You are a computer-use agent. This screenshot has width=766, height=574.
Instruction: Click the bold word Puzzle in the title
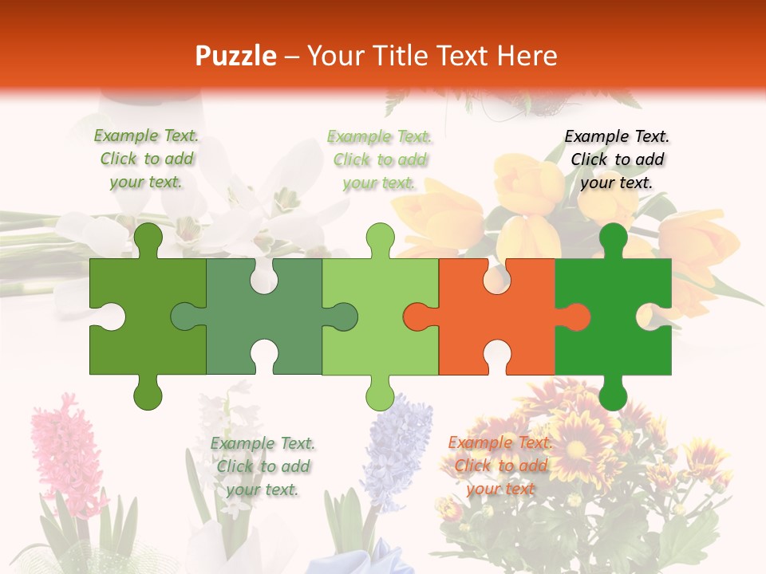click(x=236, y=56)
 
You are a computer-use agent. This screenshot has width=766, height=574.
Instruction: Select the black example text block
click(x=617, y=159)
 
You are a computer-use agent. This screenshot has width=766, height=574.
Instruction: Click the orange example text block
click(x=500, y=466)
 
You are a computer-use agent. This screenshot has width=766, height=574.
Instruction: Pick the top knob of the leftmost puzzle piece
click(x=148, y=239)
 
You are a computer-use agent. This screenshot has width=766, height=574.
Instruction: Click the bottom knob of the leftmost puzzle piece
click(x=148, y=392)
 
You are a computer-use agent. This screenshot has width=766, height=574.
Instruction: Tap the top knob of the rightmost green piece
click(x=613, y=239)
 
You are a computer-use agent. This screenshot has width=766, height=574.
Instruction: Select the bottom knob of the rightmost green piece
click(x=613, y=392)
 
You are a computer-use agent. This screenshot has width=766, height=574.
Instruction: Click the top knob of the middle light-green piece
click(x=380, y=239)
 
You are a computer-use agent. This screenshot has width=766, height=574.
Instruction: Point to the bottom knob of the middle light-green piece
click(x=380, y=392)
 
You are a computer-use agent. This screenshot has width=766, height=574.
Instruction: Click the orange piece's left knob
click(x=417, y=316)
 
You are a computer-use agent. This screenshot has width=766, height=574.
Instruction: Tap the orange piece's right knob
click(x=576, y=316)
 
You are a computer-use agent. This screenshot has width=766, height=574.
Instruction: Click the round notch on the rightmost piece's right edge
click(x=659, y=316)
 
